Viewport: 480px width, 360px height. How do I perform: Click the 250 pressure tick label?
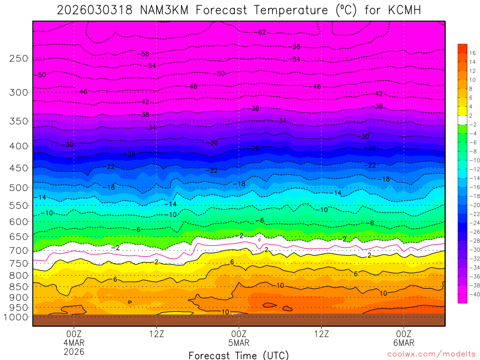click(18, 59)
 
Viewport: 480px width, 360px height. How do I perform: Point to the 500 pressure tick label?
click(18, 187)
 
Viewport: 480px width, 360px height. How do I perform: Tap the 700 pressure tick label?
click(18, 251)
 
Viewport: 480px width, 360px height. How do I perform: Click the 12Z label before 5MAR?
click(156, 334)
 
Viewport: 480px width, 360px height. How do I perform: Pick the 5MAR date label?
click(239, 343)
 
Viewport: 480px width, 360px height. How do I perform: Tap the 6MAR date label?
click(404, 343)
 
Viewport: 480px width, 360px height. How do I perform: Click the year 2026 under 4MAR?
click(74, 351)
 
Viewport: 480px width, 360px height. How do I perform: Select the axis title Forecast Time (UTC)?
click(239, 355)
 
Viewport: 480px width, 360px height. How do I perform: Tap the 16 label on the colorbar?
click(472, 53)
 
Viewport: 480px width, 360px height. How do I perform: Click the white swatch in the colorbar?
click(462, 120)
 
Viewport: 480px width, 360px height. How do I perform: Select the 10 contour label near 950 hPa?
click(225, 312)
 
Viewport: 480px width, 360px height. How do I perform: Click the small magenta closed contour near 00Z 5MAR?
click(259, 240)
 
